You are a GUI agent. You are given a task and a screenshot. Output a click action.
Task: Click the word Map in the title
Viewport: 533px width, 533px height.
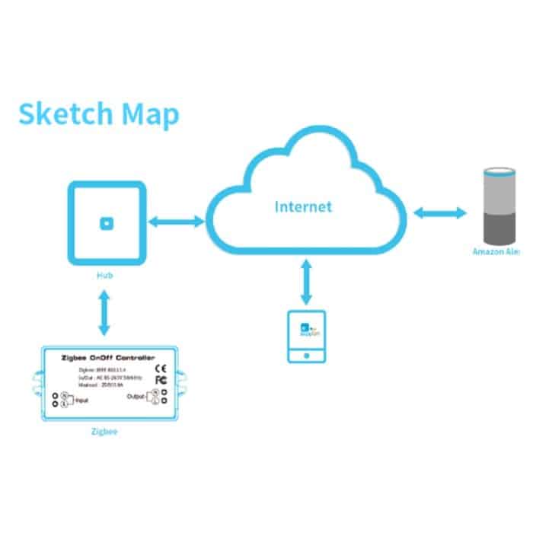click(151, 114)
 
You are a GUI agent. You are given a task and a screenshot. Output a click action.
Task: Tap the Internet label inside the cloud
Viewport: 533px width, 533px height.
click(303, 206)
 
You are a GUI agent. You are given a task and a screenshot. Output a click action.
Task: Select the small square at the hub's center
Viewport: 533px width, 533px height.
click(107, 223)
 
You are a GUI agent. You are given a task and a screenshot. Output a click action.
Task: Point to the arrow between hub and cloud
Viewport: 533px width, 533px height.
click(177, 222)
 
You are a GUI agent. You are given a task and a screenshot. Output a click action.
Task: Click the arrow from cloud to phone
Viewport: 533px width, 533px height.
click(307, 281)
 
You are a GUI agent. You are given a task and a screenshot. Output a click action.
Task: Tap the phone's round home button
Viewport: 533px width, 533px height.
click(307, 355)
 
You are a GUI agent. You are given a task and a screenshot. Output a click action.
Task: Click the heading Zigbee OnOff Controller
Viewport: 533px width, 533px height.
click(107, 356)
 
